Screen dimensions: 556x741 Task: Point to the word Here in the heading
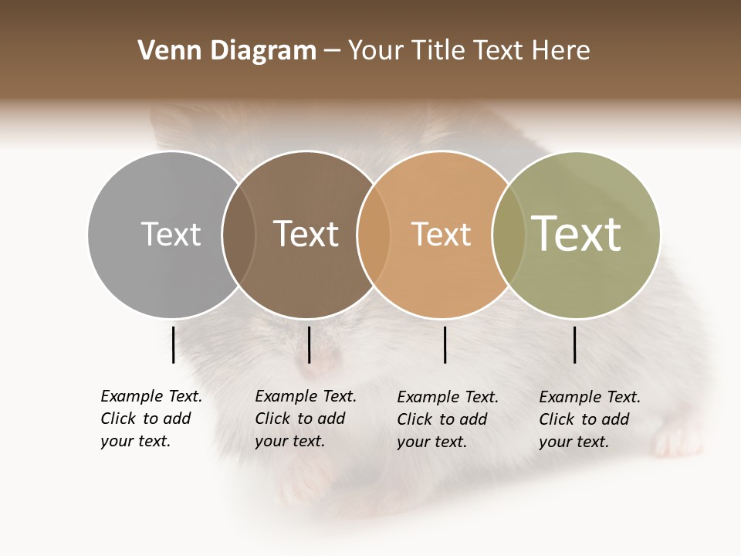click(561, 51)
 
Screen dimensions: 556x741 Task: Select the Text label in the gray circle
click(171, 234)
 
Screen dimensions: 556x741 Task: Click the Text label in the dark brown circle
click(306, 234)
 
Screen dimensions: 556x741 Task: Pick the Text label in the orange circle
click(441, 234)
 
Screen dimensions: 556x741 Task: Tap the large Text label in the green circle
click(577, 233)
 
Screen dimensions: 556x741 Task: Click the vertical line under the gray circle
click(173, 344)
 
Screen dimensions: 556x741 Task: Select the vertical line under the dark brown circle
click(309, 344)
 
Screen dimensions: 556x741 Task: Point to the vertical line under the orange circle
click(445, 344)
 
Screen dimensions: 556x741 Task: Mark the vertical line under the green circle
click(575, 344)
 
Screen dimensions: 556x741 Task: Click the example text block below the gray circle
click(151, 419)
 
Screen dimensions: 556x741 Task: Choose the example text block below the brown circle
click(306, 419)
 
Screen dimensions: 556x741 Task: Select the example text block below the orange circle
click(448, 419)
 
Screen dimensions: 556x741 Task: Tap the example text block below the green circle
click(590, 419)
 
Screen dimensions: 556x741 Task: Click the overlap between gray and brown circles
click(239, 234)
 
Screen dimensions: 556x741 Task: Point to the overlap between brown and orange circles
click(374, 234)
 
